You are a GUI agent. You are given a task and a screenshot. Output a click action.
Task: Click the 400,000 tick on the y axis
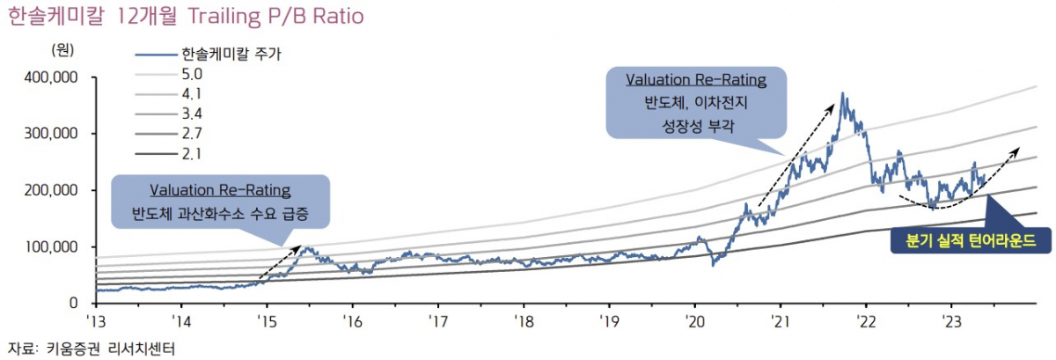tap(49, 78)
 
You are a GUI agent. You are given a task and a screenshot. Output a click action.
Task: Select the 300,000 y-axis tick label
tap(49, 134)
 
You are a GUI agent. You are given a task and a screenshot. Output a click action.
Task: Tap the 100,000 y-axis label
tap(49, 246)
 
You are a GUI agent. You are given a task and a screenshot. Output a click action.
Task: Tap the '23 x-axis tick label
tap(950, 320)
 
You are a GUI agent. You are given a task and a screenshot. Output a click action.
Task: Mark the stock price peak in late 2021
tap(843, 93)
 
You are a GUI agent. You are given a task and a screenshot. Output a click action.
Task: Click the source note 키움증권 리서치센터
tap(110, 349)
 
